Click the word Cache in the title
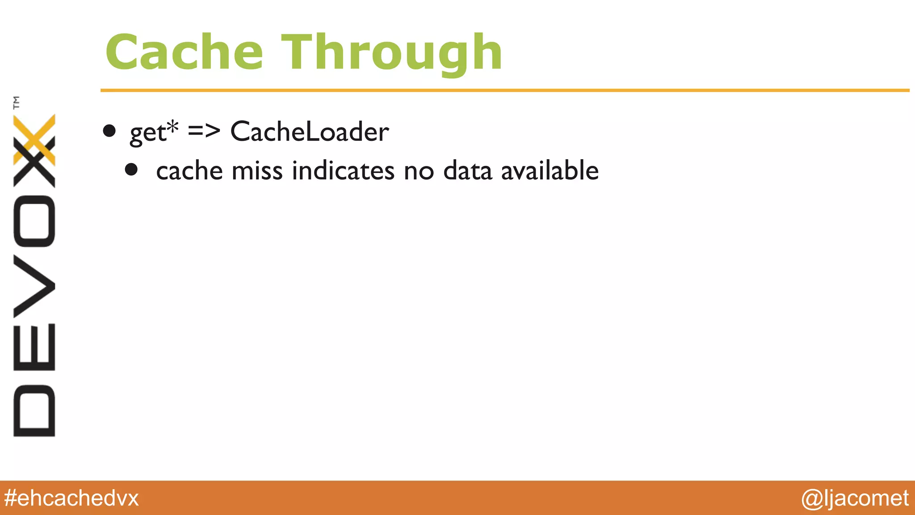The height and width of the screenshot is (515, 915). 184,53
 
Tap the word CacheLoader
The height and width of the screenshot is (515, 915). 309,132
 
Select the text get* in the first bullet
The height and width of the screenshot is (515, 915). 154,132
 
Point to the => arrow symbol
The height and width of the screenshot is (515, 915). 204,131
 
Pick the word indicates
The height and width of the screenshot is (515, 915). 343,171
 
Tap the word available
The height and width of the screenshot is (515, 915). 550,171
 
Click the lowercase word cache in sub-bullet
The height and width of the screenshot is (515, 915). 189,171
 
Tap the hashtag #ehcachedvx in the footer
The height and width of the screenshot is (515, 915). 71,498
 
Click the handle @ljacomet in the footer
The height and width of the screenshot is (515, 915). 855,498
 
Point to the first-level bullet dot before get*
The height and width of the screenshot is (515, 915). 109,131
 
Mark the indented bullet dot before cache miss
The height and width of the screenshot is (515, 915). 131,169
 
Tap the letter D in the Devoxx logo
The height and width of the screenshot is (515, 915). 34,410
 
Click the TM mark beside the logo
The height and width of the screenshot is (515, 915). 17,102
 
